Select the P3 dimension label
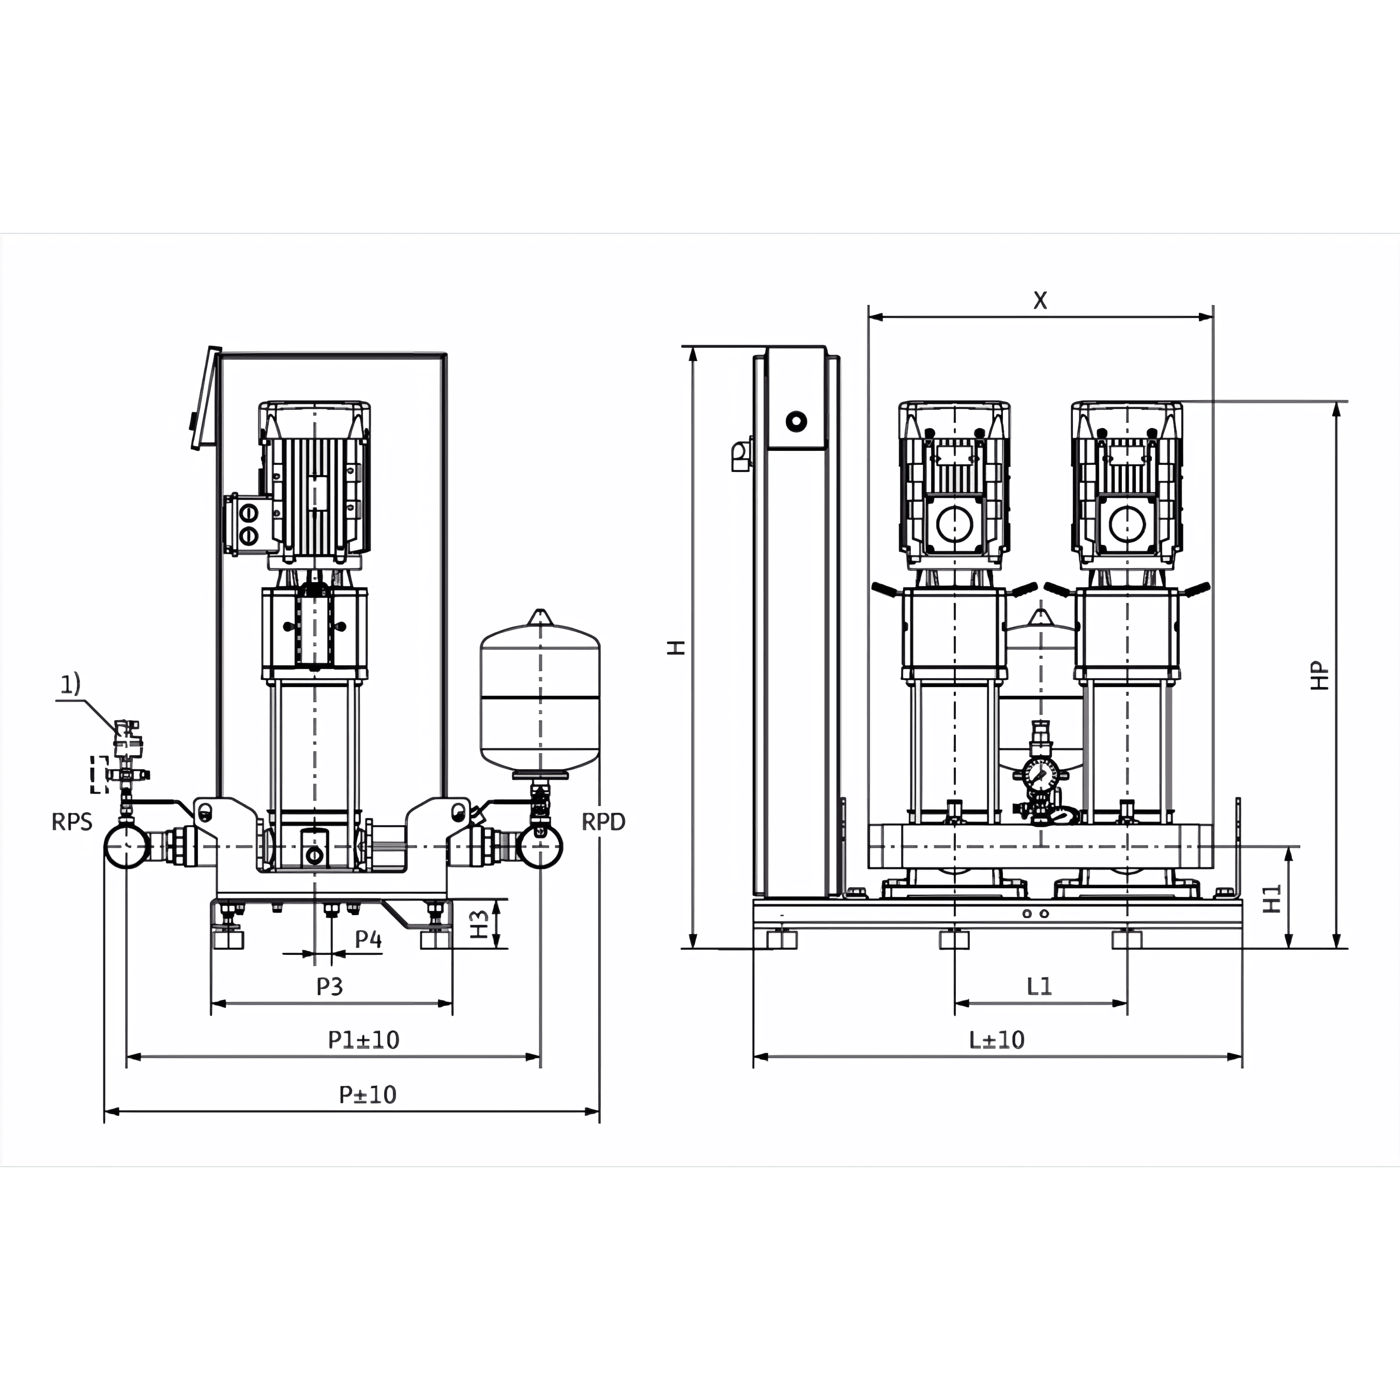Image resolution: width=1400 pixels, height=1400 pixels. pyautogui.click(x=330, y=986)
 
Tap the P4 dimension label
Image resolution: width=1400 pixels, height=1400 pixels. pyautogui.click(x=368, y=939)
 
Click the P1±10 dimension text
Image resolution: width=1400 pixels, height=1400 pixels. pyautogui.click(x=364, y=1040)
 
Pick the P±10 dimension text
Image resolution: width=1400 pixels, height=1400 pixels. pyautogui.click(x=368, y=1094)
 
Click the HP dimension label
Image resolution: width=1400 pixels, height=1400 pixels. pyautogui.click(x=1320, y=675)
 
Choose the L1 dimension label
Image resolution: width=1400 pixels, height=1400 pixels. pyautogui.click(x=1039, y=986)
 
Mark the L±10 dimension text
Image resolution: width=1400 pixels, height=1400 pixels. pyautogui.click(x=997, y=1040)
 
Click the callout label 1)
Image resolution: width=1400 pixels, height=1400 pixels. pyautogui.click(x=70, y=684)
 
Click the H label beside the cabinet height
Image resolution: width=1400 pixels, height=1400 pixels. pyautogui.click(x=676, y=648)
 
